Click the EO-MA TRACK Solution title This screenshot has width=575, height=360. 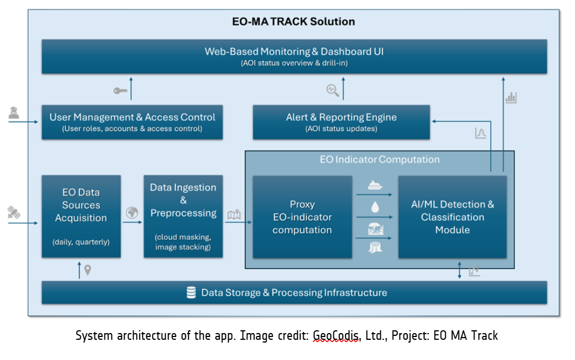(x=293, y=22)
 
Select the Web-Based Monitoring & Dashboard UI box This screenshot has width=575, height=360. (x=294, y=56)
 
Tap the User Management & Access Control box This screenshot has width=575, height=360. (x=132, y=122)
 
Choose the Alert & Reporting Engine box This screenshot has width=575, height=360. (x=341, y=122)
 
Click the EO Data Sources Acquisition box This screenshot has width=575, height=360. (x=81, y=216)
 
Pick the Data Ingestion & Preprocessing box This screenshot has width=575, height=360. (x=183, y=216)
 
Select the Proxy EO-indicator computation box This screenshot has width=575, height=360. (x=302, y=217)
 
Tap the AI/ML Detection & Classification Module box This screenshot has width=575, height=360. (x=452, y=217)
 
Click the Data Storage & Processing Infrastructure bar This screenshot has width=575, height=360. (x=294, y=292)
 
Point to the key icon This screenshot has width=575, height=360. (x=120, y=90)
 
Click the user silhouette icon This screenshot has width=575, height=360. (x=13, y=113)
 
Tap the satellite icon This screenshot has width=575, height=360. (x=13, y=212)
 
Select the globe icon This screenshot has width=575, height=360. (x=132, y=213)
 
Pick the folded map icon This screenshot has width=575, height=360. (x=234, y=214)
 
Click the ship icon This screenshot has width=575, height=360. (x=375, y=186)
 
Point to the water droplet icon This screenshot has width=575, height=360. (x=375, y=207)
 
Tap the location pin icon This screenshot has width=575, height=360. (x=88, y=271)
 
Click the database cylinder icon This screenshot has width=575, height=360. (x=191, y=292)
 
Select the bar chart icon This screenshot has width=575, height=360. (x=510, y=98)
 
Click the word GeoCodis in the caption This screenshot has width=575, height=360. (x=336, y=336)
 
